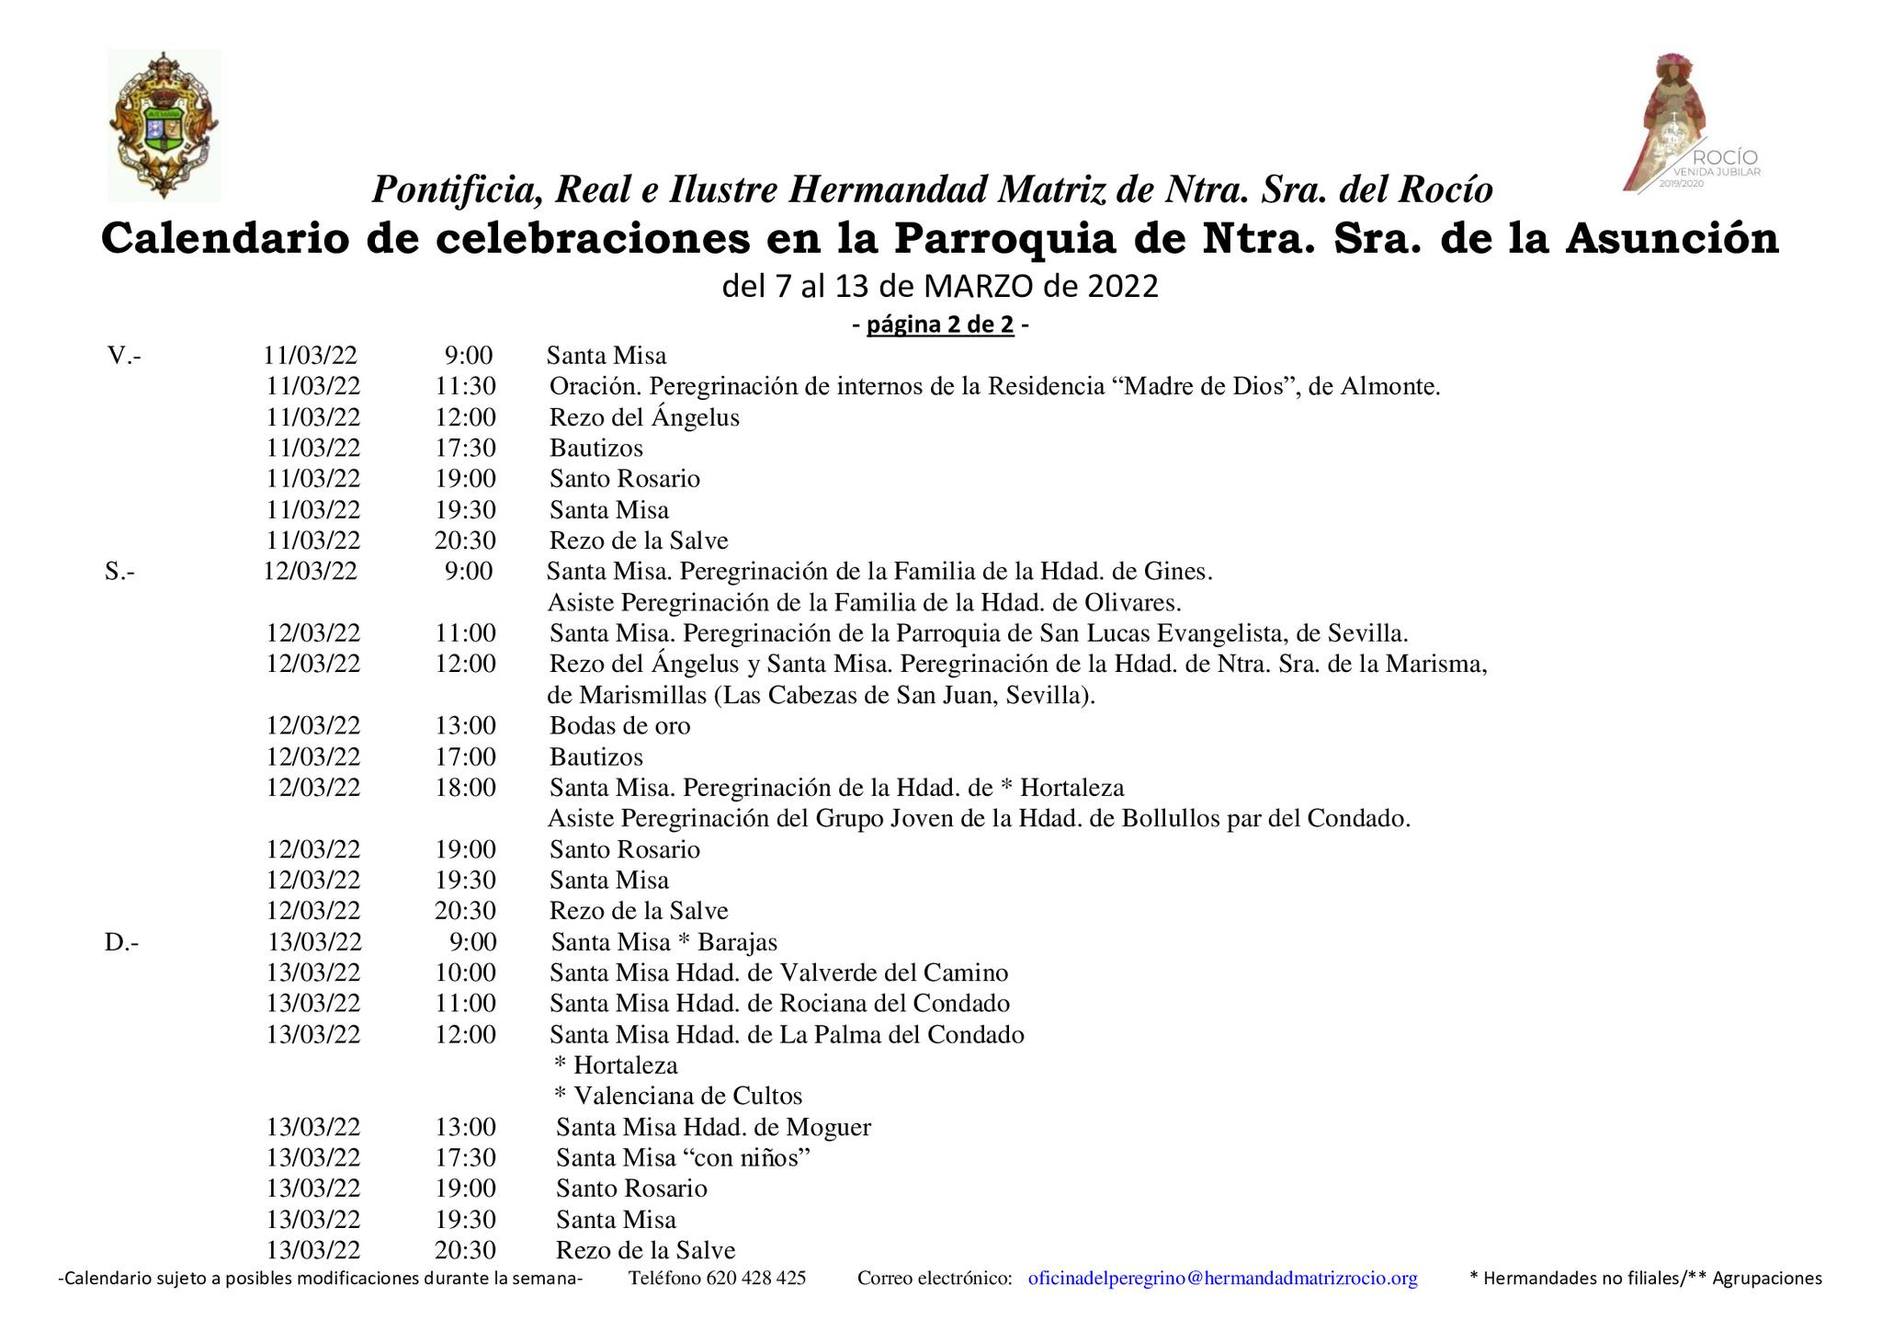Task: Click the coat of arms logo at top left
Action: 164,125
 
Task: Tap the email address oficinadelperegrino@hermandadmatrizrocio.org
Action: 1222,1278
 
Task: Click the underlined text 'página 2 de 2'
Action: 939,324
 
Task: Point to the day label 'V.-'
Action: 124,355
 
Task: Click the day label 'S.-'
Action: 120,571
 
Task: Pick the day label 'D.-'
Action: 122,942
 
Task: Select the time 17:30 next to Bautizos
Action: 465,448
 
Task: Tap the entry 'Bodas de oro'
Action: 619,725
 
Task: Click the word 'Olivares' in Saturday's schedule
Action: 1128,602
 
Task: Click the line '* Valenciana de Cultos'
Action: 678,1096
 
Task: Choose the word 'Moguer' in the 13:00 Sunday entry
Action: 832,1127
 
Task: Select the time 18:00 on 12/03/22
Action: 465,787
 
